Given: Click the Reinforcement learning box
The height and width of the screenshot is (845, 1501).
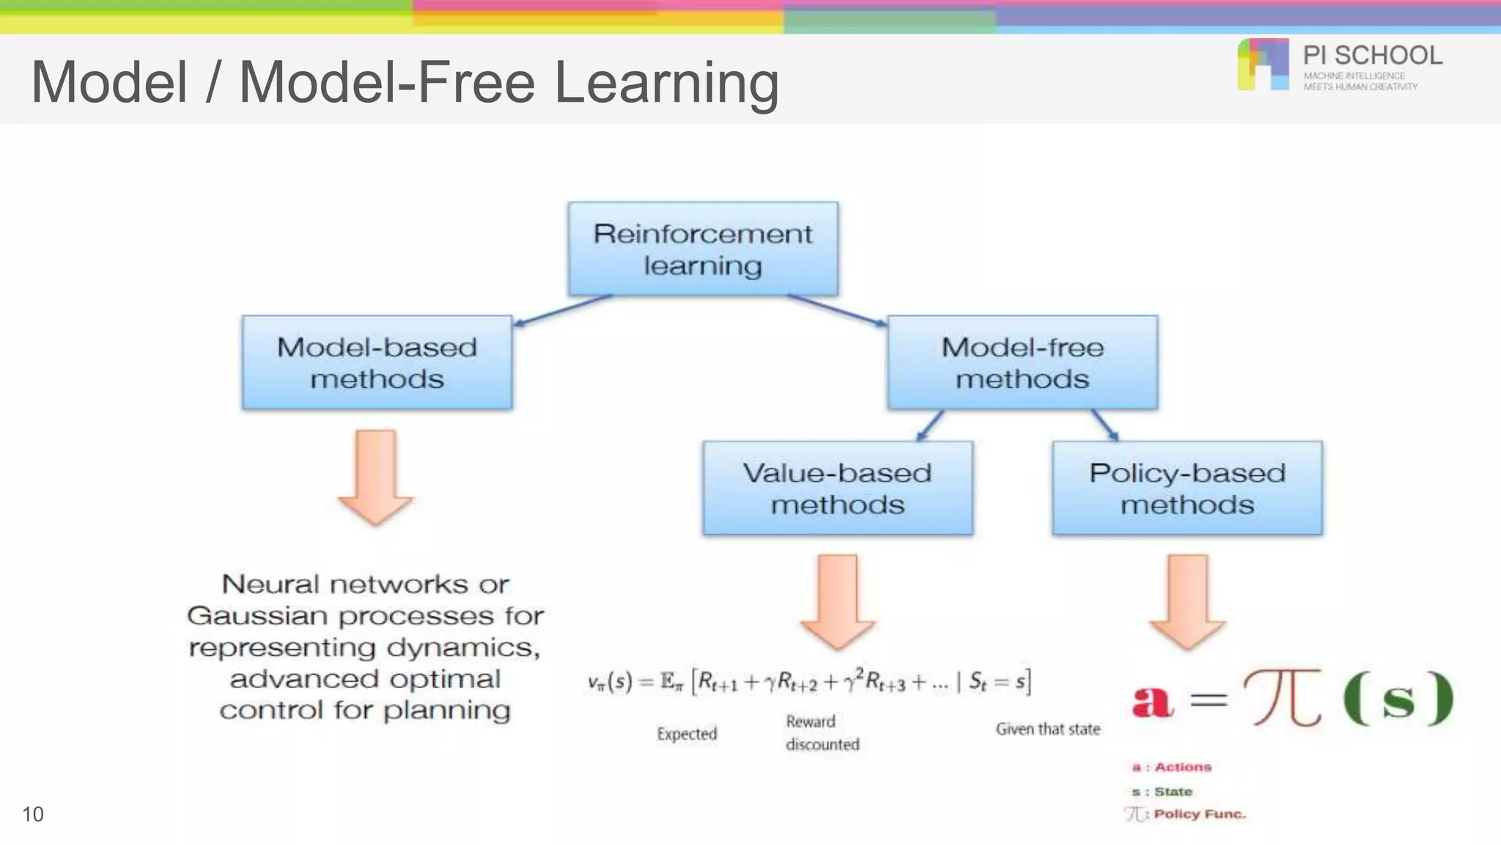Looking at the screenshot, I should pyautogui.click(x=703, y=249).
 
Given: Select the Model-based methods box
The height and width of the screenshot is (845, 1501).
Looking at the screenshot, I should pyautogui.click(x=377, y=362).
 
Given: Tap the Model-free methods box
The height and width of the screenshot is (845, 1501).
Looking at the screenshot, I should pyautogui.click(x=1022, y=362).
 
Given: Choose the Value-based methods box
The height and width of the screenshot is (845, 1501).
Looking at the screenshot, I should pyautogui.click(x=837, y=488).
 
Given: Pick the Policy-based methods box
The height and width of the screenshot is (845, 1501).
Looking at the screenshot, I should pyautogui.click(x=1187, y=488).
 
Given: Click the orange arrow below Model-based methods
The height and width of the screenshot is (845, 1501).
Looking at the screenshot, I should pyautogui.click(x=376, y=477).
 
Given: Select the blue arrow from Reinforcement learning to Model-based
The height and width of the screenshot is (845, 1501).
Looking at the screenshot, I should pyautogui.click(x=562, y=310).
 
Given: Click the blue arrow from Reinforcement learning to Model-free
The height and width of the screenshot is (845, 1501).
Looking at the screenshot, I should pyautogui.click(x=837, y=310).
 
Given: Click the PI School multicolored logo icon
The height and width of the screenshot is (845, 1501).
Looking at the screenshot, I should pyautogui.click(x=1263, y=65).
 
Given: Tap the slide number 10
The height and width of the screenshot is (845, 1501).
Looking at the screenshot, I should pyautogui.click(x=33, y=814).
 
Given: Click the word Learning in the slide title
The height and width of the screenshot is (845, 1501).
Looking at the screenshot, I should pyautogui.click(x=666, y=82).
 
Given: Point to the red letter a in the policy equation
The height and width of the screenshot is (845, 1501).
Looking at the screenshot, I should pyautogui.click(x=1152, y=700).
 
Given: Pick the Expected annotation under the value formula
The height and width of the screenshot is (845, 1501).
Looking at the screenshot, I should pyautogui.click(x=687, y=734).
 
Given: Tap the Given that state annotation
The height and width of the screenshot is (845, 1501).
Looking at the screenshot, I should pyautogui.click(x=1047, y=729).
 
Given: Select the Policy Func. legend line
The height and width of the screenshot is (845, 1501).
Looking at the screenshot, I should pyautogui.click(x=1187, y=814).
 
